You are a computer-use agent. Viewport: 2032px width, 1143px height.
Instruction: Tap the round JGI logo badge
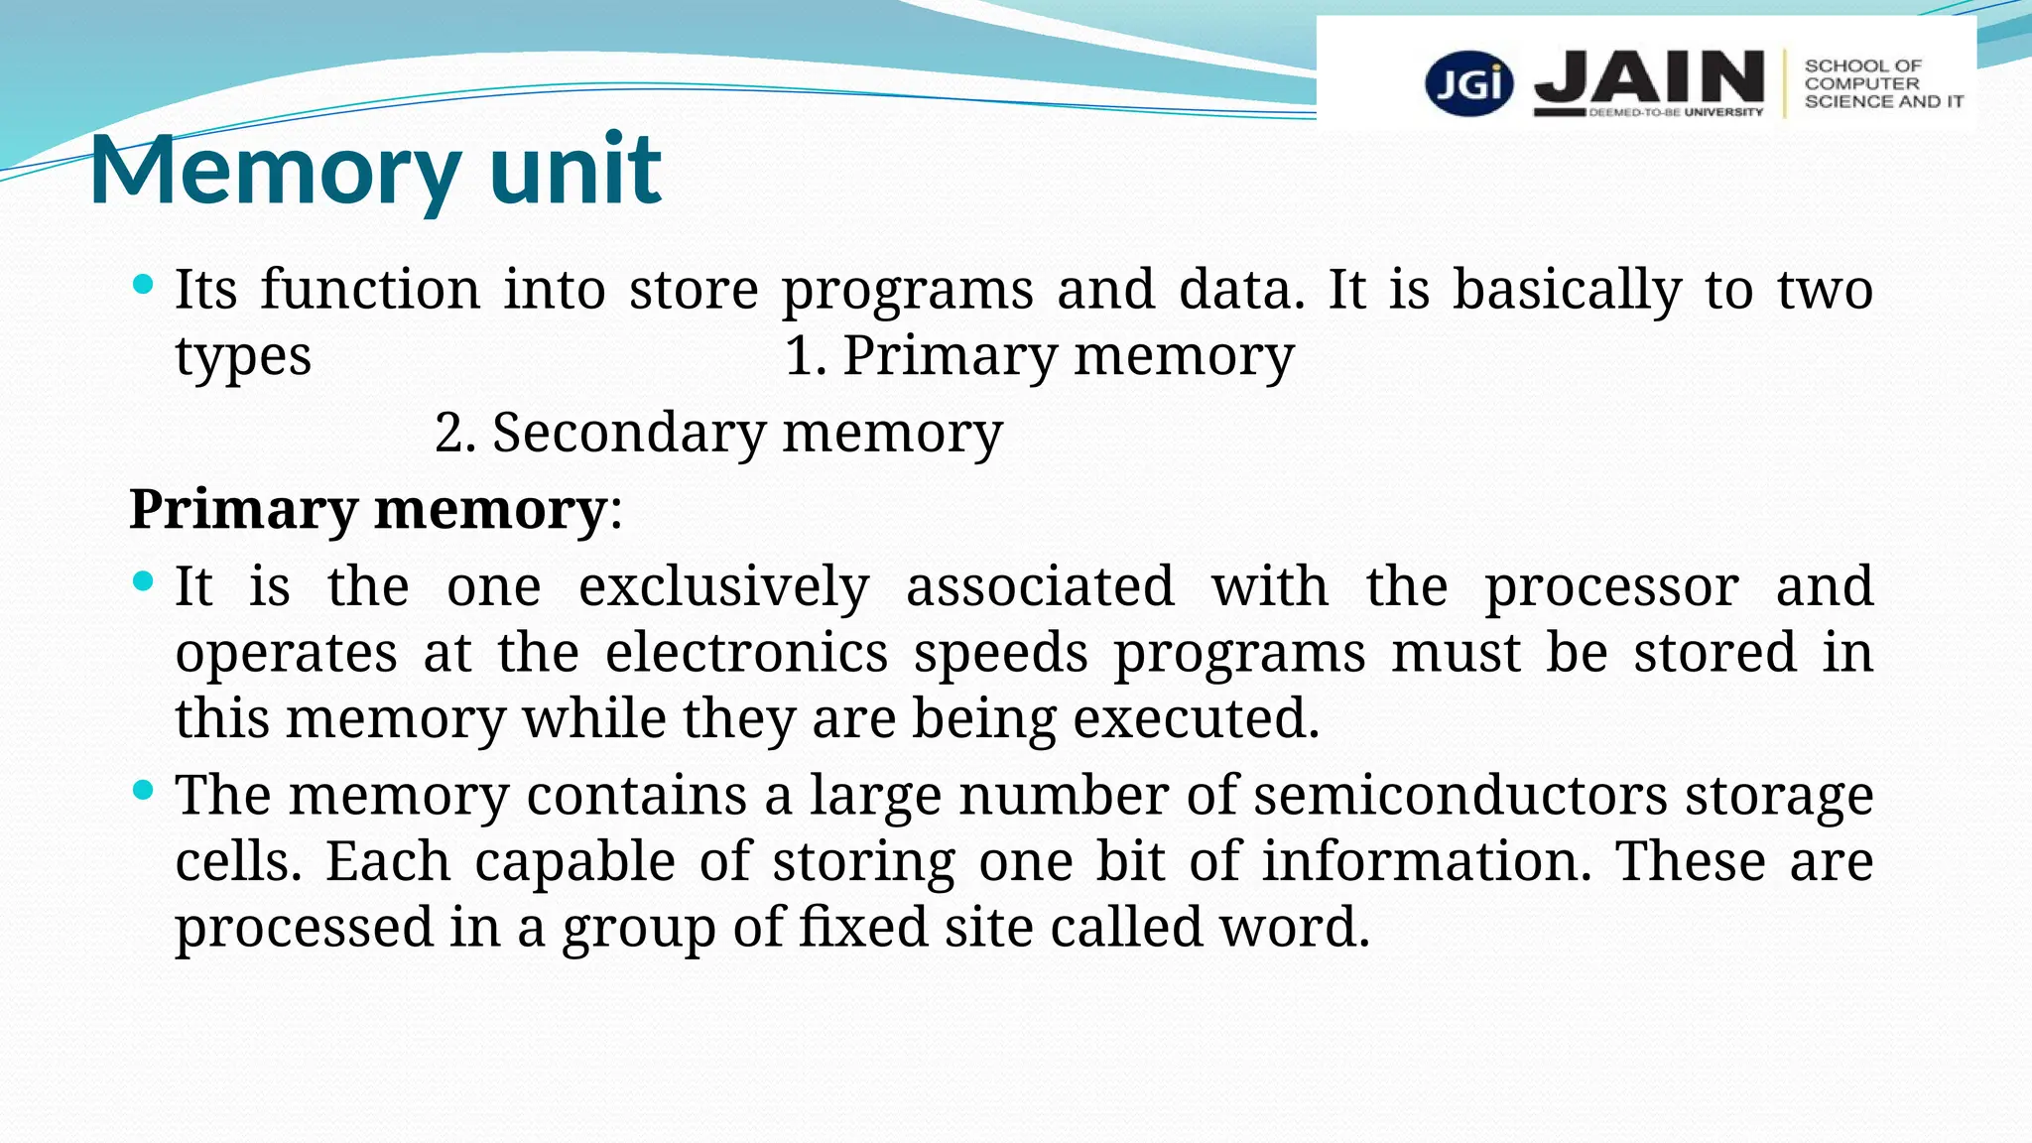[x=1468, y=83]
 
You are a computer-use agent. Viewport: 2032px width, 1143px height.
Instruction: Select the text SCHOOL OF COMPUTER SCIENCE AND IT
[x=1882, y=83]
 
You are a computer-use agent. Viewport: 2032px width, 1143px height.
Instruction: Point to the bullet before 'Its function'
[x=143, y=286]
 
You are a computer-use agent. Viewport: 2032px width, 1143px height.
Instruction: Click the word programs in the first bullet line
[x=907, y=291]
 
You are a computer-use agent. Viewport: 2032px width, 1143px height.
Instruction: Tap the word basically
[x=1567, y=291]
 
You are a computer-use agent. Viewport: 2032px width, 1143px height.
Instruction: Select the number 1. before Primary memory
[x=805, y=356]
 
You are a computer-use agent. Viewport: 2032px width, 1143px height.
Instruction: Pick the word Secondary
[x=629, y=434]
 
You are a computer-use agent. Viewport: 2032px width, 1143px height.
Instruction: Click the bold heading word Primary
[x=243, y=510]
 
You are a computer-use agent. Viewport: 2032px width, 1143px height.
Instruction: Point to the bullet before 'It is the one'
[x=143, y=581]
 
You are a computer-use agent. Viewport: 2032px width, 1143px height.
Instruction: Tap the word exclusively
[x=723, y=586]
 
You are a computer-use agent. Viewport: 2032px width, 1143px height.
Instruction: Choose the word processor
[x=1611, y=588]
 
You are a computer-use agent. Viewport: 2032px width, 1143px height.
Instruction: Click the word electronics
[x=746, y=653]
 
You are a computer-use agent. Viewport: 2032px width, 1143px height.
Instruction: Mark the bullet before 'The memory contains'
[x=143, y=791]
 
